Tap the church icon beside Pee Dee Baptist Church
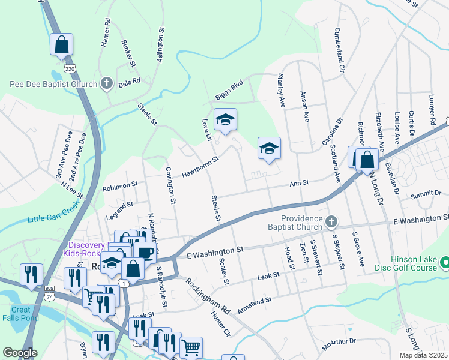pos(106,83)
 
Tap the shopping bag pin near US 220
pos(61,44)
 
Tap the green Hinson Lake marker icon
pos(445,263)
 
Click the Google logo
pos(20,353)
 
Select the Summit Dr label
pos(427,194)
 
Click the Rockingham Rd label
pos(208,296)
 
